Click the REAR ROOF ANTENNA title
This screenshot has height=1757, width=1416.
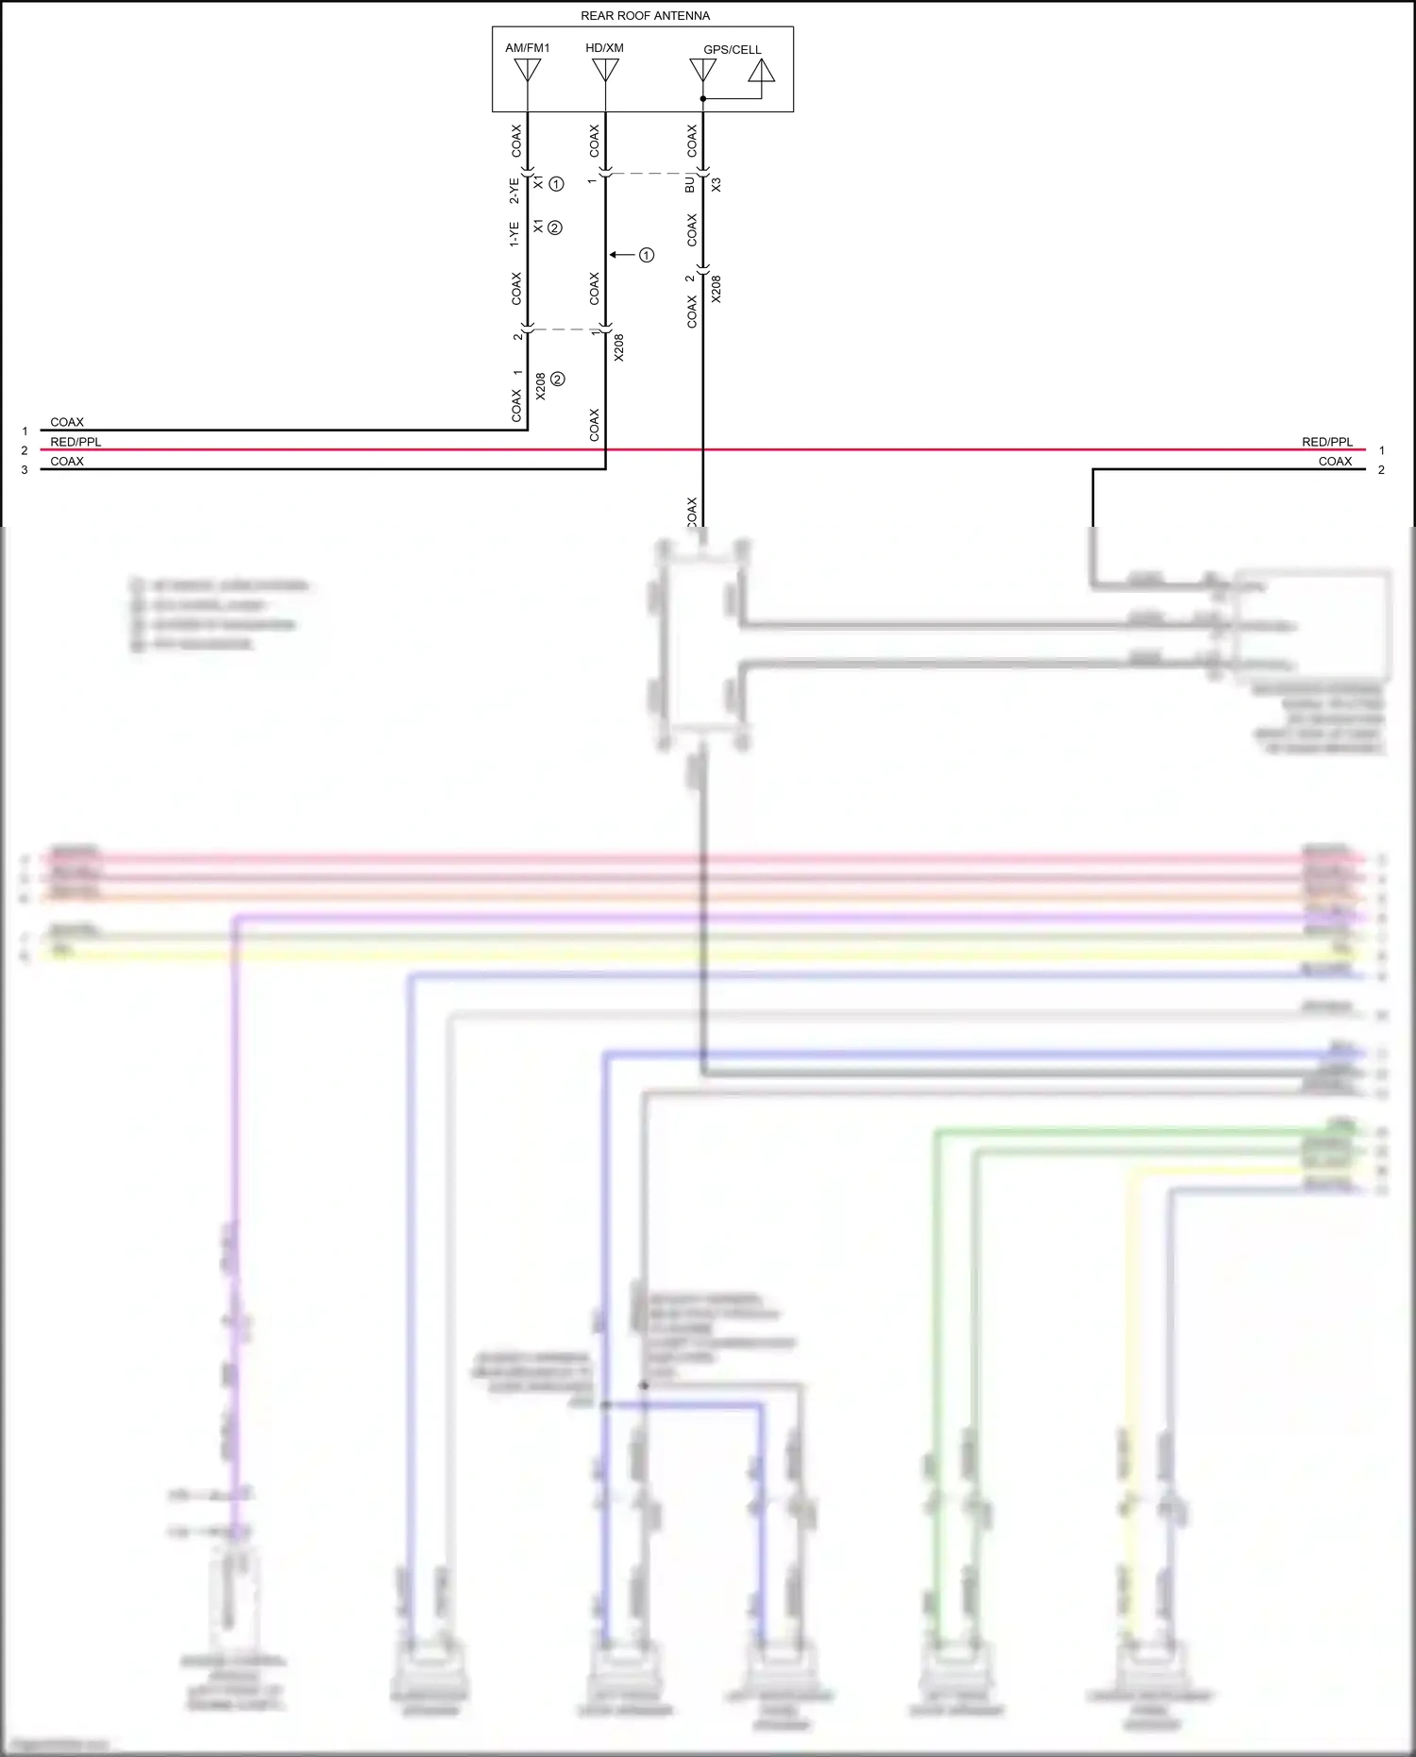[x=645, y=16]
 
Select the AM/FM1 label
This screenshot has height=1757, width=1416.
[x=527, y=48]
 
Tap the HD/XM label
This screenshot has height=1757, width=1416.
[x=604, y=48]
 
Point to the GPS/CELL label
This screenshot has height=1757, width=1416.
[x=732, y=50]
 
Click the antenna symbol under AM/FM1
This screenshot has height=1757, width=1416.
[x=527, y=70]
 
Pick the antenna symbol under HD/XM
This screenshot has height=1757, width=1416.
[x=605, y=70]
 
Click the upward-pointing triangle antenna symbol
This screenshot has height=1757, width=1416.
[x=762, y=71]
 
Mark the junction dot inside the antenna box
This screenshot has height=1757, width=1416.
[x=703, y=98]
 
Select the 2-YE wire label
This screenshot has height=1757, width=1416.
[x=514, y=191]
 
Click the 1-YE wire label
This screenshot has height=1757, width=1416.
[x=514, y=234]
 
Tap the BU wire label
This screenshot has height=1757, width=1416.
[x=690, y=185]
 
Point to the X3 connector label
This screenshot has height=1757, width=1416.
[x=716, y=185]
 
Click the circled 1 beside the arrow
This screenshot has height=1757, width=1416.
[x=647, y=255]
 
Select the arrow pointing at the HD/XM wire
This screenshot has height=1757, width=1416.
[x=621, y=255]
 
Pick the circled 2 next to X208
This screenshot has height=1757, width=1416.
[x=558, y=380]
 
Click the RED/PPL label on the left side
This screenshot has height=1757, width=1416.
[x=76, y=442]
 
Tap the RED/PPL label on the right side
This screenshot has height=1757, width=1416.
[x=1327, y=442]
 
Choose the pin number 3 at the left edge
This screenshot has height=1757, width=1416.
[x=25, y=470]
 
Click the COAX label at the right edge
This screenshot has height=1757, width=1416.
[x=1335, y=462]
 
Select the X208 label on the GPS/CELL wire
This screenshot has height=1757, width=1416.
[x=716, y=289]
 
